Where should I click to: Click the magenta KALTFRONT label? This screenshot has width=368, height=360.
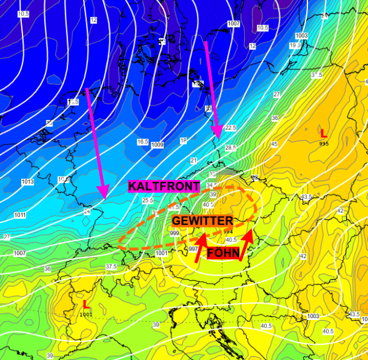pos(164,186)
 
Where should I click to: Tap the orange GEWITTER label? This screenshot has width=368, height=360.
pos(202,221)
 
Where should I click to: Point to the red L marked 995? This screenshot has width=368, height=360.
pos(323,133)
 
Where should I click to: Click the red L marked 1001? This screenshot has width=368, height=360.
pos(86,304)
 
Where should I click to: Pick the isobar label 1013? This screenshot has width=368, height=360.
pos(27,182)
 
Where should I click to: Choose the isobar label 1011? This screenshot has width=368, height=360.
pos(20,215)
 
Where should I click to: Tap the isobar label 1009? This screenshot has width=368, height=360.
pos(157,145)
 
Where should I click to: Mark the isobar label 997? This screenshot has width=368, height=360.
pos(194,249)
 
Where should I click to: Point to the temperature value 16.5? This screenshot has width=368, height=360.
pos(142,142)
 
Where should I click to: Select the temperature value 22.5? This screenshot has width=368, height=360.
pos(231,127)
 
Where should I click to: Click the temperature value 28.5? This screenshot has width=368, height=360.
pos(231,147)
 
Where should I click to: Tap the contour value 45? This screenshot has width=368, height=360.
pos(274,144)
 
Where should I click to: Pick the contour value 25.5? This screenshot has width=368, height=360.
pos(147,201)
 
